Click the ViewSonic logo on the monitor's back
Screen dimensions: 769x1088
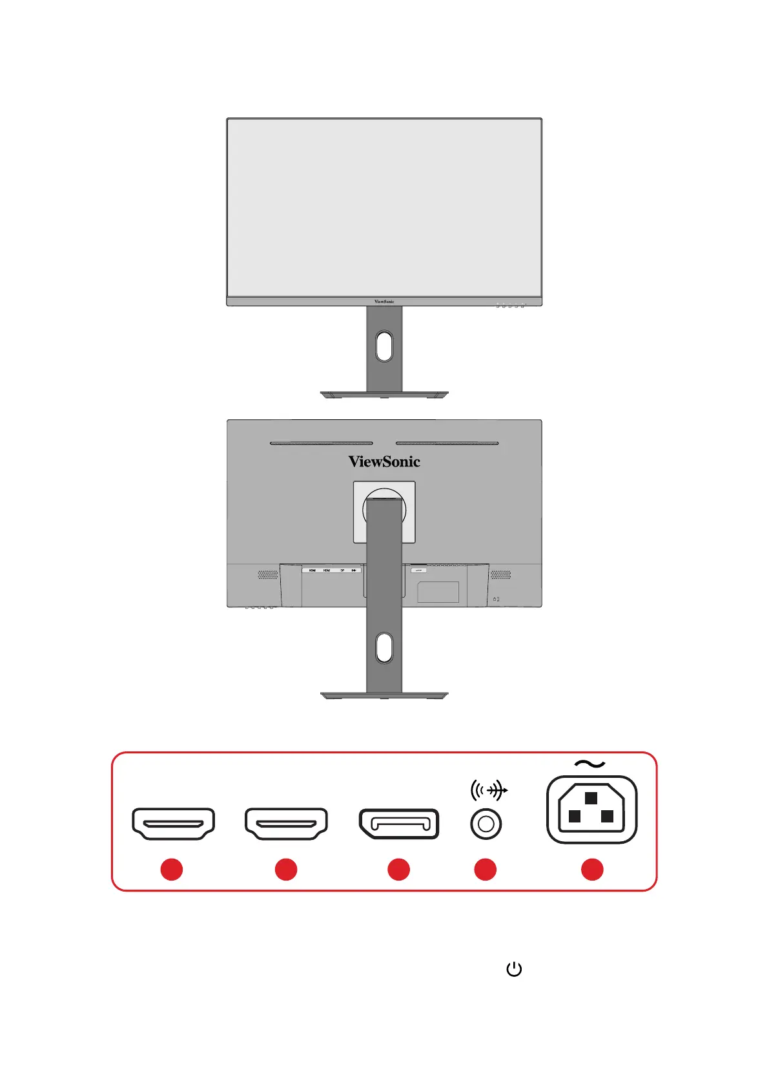384,461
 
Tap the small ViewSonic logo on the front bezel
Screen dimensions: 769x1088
384,302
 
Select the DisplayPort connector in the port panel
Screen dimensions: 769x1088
399,824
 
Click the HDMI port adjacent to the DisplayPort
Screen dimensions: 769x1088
286,824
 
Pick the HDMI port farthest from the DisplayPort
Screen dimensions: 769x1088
173,824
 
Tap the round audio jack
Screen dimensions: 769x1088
486,824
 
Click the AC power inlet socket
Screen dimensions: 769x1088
591,810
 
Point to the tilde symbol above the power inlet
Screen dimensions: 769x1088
590,764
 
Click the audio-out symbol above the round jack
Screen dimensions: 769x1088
489,790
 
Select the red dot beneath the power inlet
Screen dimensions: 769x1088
592,870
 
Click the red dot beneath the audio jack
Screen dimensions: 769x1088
486,870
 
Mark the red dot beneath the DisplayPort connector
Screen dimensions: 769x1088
399,870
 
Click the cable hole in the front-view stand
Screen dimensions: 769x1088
384,346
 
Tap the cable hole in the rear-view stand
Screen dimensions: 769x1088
384,647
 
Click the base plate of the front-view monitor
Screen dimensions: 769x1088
384,394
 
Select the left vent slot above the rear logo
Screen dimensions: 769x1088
321,443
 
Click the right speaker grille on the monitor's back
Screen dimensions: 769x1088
500,574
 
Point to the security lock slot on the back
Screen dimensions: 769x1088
496,599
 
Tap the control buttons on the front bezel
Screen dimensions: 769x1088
510,306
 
